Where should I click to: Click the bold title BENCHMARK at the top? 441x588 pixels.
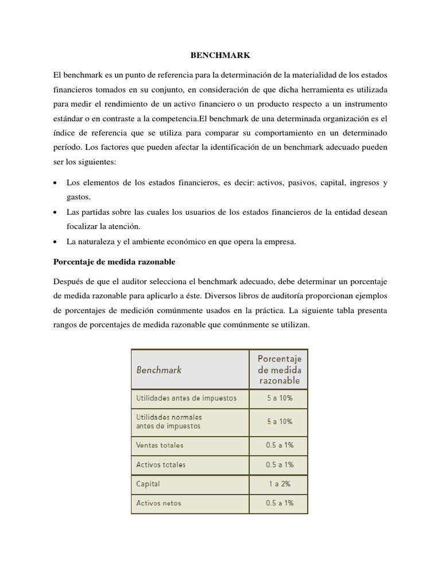pos(220,56)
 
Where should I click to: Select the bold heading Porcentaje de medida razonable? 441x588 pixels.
pos(114,262)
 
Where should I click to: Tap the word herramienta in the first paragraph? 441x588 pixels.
pos(323,90)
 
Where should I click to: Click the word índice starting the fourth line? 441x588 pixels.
pos(64,133)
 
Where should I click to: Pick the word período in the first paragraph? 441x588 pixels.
pos(69,147)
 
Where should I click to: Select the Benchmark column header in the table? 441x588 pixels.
pos(158,370)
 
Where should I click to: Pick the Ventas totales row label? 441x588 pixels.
pos(160,444)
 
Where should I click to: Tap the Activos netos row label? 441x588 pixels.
pos(158,503)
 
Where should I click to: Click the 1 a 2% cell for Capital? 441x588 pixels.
pos(279,483)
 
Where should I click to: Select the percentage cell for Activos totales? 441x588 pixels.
pos(279,464)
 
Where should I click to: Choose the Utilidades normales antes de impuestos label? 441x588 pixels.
pos(169,421)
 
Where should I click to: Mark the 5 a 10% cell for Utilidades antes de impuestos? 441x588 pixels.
pos(279,397)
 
